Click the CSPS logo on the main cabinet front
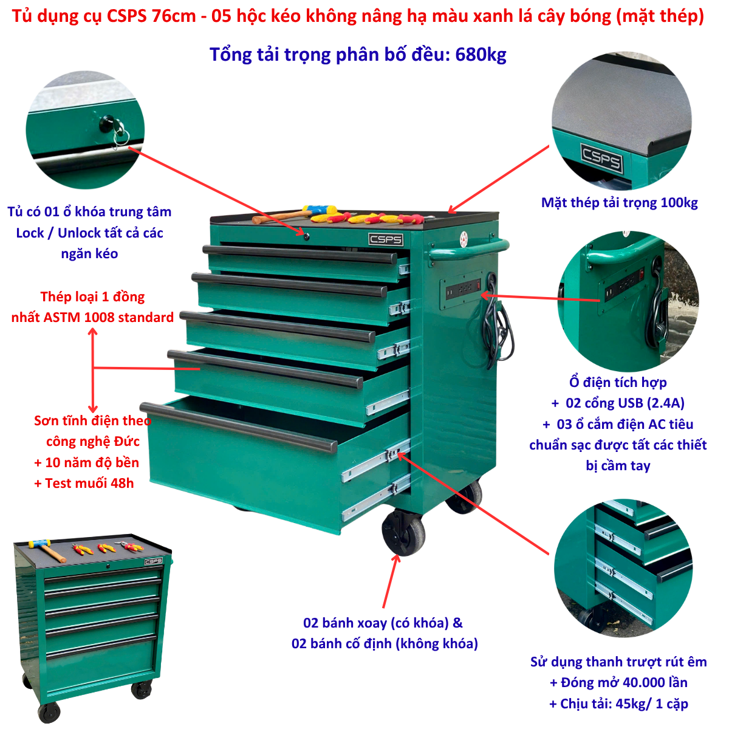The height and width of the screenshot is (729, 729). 386,239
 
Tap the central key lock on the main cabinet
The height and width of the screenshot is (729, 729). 306,237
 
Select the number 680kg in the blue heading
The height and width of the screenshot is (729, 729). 481,55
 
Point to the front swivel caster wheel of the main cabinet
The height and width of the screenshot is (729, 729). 403,532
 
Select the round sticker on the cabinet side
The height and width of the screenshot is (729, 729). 464,239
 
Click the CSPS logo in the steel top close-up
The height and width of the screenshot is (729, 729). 601,159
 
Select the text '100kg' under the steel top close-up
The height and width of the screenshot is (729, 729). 679,203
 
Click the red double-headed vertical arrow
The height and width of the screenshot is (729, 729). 93,370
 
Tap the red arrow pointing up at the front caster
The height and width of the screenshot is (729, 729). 391,581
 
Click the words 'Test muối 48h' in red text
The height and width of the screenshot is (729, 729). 89,483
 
